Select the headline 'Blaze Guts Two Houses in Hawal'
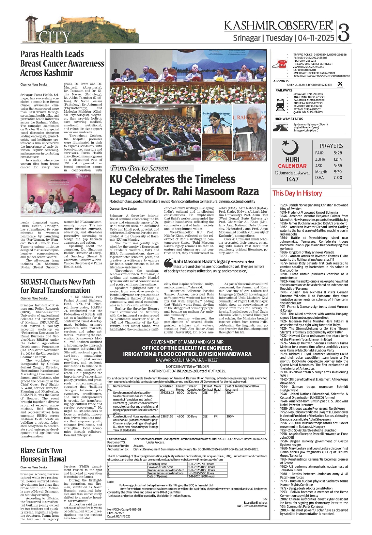pyautogui.click(x=43, y=455)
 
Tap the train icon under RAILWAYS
pyautogui.click(x=280, y=104)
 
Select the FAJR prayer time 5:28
pyautogui.click(x=338, y=153)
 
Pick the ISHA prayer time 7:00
pyautogui.click(x=338, y=178)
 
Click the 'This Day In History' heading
pyautogui.click(x=297, y=193)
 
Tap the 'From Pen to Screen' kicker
pyautogui.click(x=139, y=168)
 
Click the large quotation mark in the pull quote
pyautogui.click(x=168, y=262)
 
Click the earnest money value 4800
pyautogui.click(x=180, y=417)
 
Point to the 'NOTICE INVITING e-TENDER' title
pyautogui.click(x=187, y=367)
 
